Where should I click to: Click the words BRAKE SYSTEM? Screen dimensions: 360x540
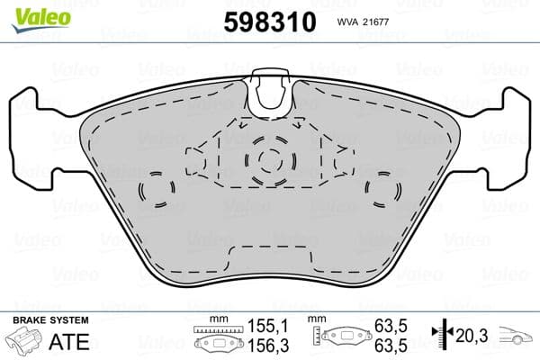[x=49, y=321]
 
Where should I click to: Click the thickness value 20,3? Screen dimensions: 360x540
[x=472, y=337]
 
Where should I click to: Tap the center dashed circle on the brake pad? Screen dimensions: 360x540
[x=269, y=159]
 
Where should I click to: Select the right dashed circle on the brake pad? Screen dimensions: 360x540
[x=383, y=190]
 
